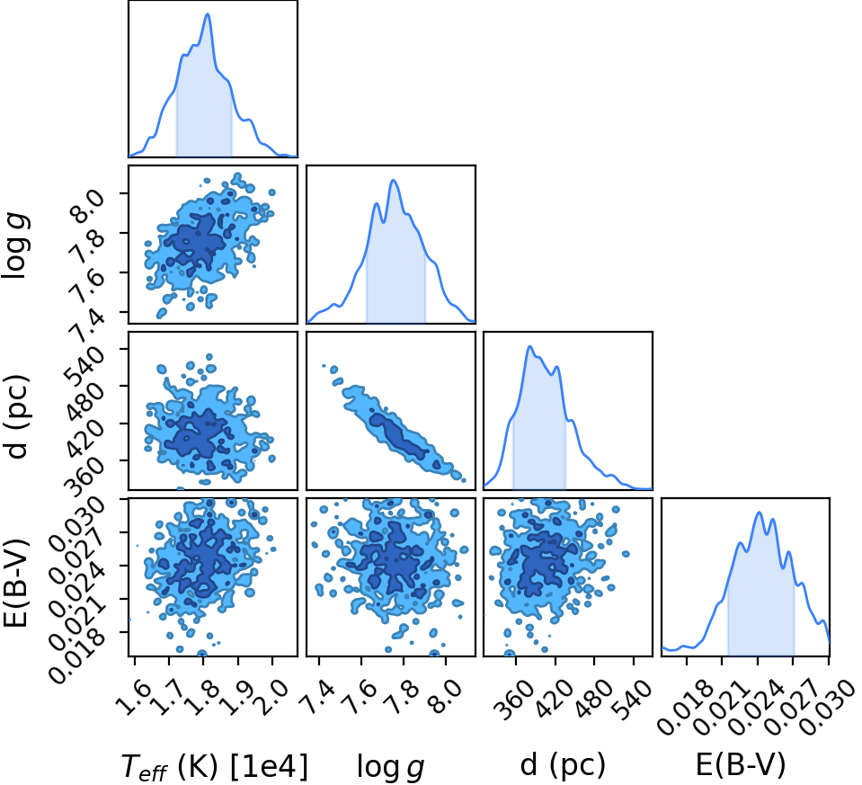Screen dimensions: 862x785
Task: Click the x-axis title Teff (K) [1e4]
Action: point(215,765)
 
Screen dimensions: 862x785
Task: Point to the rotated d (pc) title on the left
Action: point(16,416)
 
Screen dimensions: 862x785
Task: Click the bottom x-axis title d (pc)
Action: point(563,764)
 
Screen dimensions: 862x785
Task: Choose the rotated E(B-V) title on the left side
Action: point(15,577)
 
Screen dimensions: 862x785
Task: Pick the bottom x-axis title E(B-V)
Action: point(741,764)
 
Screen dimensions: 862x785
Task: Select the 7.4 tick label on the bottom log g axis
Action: point(317,697)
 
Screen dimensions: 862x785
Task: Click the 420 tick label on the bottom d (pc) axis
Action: point(553,700)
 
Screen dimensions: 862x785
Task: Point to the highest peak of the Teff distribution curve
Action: point(208,13)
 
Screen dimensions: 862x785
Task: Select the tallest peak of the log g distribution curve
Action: point(393,180)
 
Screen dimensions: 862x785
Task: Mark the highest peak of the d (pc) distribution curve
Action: point(529,346)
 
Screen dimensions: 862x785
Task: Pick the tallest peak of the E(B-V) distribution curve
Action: point(760,513)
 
